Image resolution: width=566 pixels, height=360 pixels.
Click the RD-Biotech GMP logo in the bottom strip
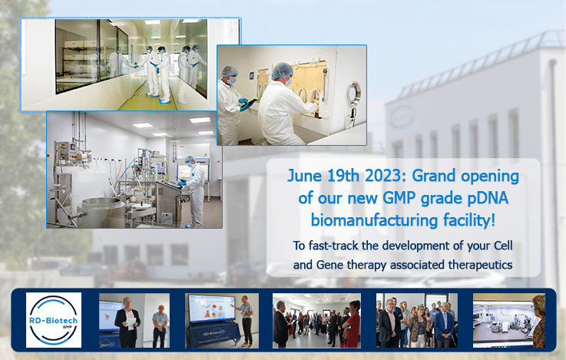coord(54,320)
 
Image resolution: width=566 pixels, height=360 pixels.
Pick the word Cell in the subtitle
coord(502,246)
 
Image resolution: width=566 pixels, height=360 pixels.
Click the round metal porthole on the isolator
coord(354,94)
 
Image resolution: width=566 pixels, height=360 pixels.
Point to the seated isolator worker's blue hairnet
coord(282,71)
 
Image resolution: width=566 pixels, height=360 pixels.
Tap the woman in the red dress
coord(352,324)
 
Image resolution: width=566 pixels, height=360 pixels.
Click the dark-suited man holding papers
coord(127,323)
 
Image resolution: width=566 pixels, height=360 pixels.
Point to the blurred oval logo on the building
coord(402,117)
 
